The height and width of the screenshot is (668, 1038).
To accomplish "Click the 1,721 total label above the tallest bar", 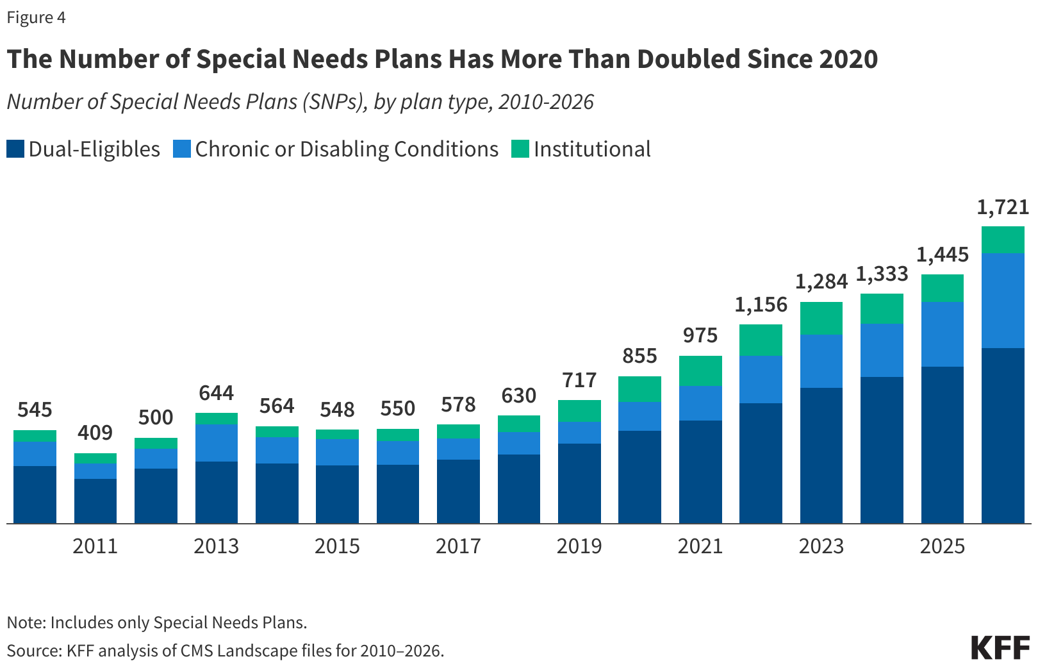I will coord(1003,207).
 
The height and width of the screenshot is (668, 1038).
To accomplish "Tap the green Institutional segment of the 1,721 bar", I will coord(1003,240).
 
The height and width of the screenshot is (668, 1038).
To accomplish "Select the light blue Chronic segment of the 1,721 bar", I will coord(1003,301).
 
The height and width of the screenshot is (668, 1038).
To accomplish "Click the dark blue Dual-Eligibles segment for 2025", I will coord(942,445).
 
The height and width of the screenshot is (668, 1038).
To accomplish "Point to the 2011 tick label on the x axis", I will coord(95,546).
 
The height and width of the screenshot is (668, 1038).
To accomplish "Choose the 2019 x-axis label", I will coord(579,546).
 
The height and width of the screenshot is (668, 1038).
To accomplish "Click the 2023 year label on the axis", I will coord(821,546).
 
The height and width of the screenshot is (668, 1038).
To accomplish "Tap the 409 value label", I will coord(95,433).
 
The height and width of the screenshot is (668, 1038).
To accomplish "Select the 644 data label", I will coord(216,393).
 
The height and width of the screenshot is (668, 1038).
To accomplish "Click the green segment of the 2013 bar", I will coord(217,419).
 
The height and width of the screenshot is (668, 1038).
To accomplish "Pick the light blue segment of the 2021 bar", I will coord(700,403).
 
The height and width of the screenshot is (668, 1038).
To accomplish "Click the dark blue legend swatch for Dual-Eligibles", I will coord(15,149).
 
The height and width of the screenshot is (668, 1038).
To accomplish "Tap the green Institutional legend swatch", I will coord(520,149).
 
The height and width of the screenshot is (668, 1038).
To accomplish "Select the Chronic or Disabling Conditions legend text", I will coord(347,149).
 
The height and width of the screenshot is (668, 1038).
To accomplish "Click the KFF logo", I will coord(1000,647).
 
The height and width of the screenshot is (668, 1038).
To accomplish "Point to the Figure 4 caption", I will coord(36,17).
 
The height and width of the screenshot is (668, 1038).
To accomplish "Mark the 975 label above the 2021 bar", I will coord(700,335).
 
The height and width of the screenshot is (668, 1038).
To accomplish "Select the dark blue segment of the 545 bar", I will coord(35,494).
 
